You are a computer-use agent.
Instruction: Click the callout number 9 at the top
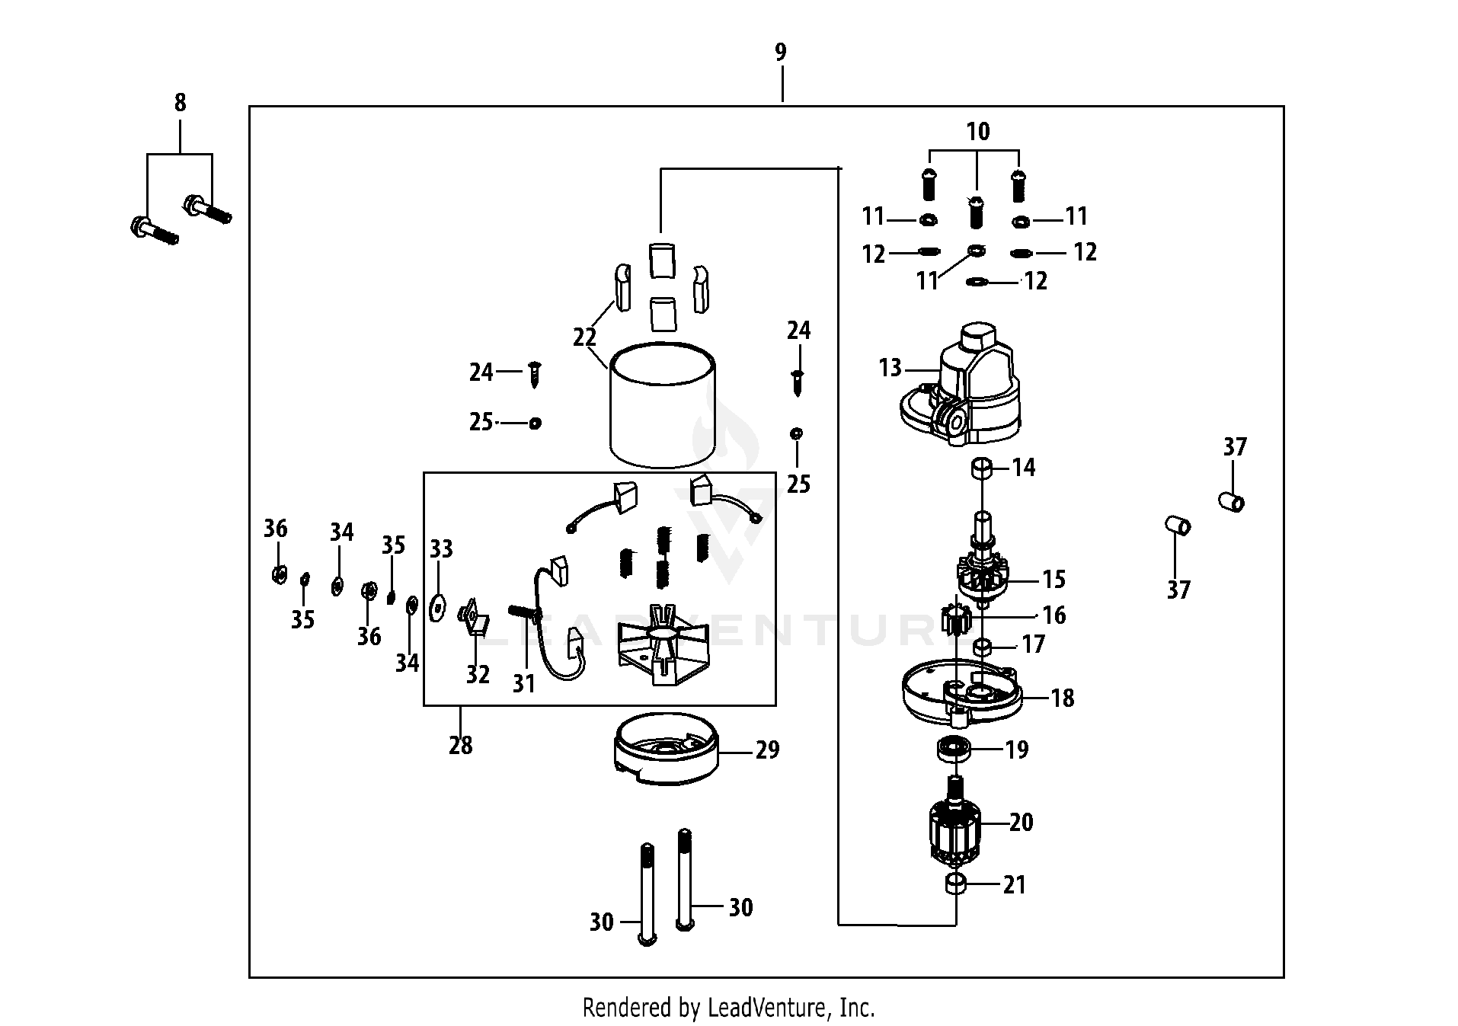(781, 53)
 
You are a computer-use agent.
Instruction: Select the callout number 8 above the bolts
(180, 103)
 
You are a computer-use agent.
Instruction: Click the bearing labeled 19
(953, 749)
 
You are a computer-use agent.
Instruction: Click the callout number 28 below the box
(460, 745)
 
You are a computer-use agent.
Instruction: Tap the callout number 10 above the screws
(978, 132)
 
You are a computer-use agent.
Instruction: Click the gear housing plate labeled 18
(961, 694)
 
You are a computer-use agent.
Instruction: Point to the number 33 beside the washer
(441, 548)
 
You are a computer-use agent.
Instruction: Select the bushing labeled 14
(981, 468)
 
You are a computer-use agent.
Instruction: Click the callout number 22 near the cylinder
(584, 337)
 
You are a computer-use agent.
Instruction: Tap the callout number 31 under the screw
(523, 684)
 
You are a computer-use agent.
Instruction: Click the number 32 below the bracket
(478, 674)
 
